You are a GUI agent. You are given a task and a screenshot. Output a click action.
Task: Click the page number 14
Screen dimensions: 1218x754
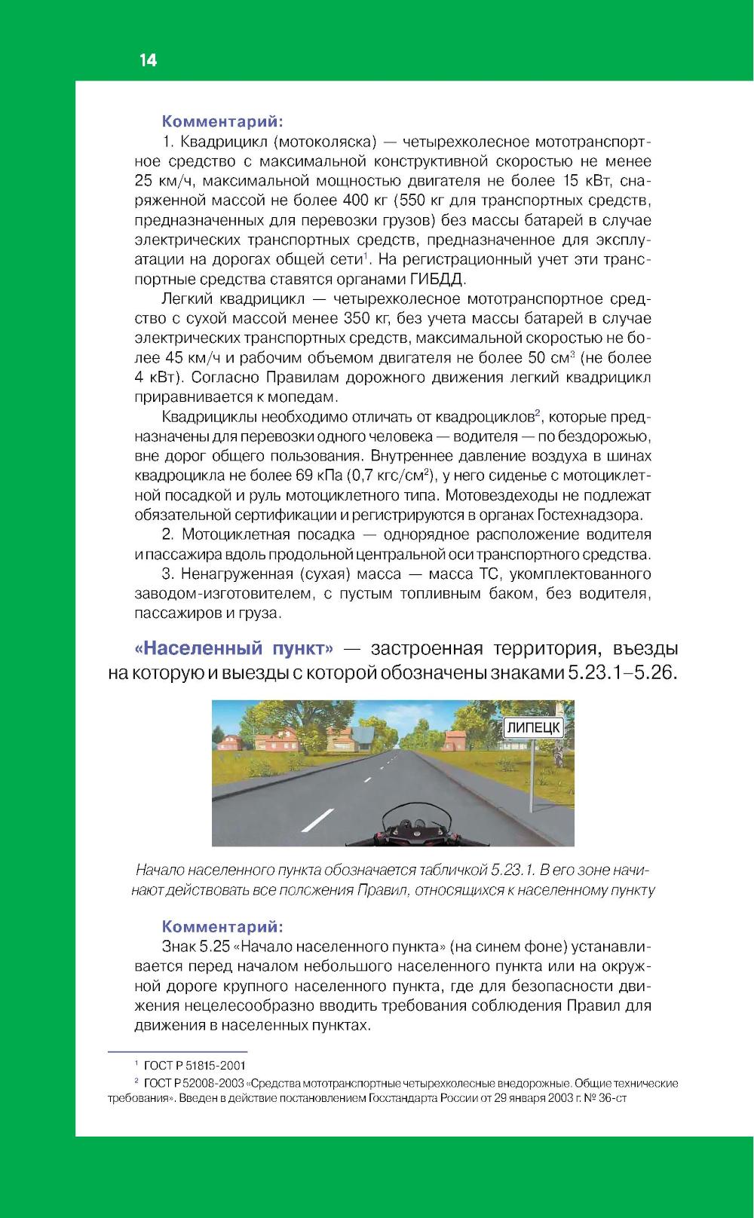[148, 61]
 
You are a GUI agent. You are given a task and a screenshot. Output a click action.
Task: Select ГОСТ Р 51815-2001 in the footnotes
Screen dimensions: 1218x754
[195, 1066]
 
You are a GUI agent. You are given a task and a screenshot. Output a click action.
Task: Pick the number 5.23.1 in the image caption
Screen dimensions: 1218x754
[513, 871]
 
